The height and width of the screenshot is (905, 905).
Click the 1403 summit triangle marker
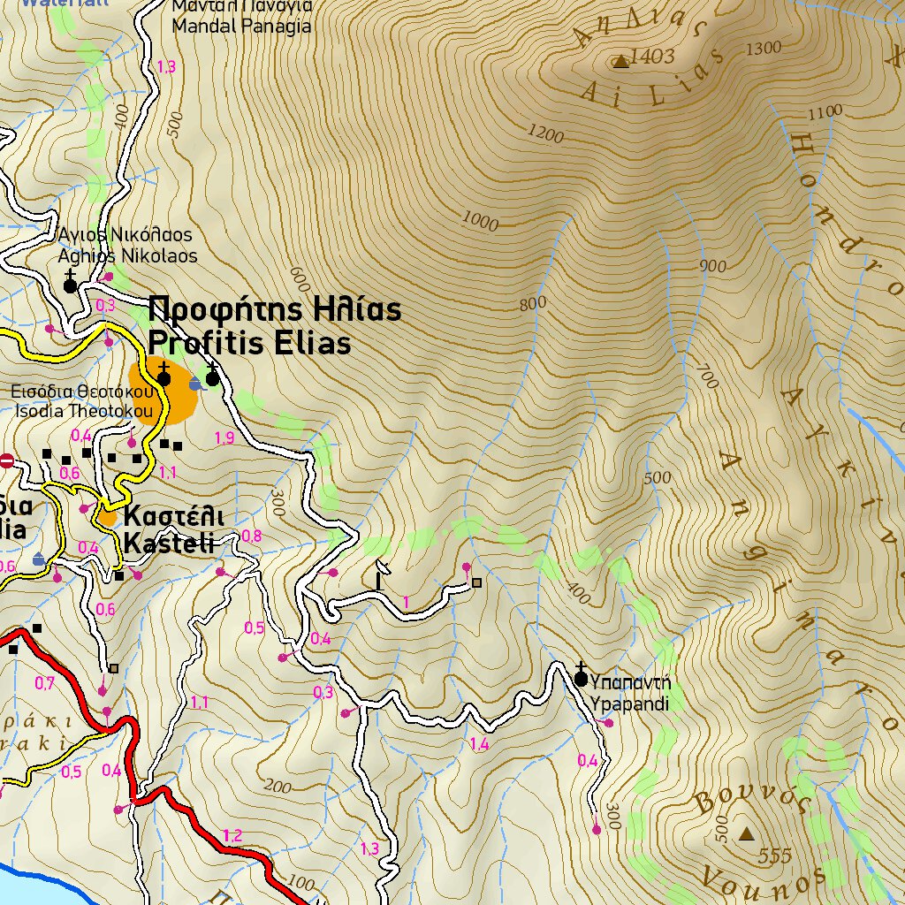click(x=620, y=61)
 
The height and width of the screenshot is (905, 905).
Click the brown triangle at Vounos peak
click(x=747, y=833)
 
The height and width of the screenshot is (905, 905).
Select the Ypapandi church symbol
click(x=581, y=678)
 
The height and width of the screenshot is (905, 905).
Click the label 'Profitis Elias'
click(x=249, y=343)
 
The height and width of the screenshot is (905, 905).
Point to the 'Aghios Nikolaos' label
click(x=127, y=256)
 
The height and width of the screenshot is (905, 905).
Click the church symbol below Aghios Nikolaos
click(x=70, y=285)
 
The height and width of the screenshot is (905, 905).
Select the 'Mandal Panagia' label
click(x=241, y=27)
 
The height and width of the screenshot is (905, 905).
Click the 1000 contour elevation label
click(x=480, y=221)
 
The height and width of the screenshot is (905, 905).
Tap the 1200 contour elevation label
click(x=545, y=133)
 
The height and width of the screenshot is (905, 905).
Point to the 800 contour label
click(x=532, y=305)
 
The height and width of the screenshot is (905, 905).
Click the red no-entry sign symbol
click(x=7, y=460)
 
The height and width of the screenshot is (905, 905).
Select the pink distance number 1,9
click(x=224, y=437)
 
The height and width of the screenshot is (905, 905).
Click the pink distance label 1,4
click(x=479, y=745)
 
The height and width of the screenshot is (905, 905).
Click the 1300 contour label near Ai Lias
click(x=764, y=48)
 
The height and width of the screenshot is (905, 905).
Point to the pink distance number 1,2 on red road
click(x=232, y=835)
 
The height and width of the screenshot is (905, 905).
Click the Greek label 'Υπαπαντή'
click(x=631, y=683)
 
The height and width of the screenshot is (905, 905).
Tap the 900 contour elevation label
click(x=711, y=266)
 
